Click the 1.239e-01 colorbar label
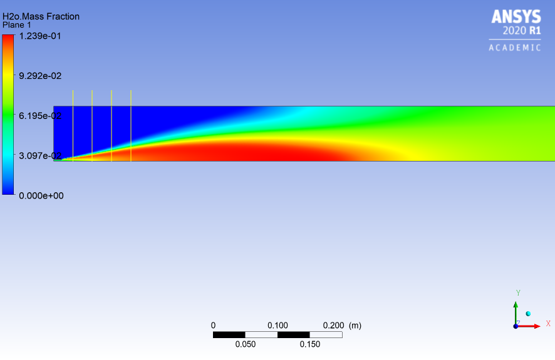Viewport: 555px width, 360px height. click(40, 36)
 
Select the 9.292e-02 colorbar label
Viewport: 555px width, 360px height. click(40, 76)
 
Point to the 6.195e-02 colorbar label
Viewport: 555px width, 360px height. click(40, 116)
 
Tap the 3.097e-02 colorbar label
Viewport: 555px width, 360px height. click(40, 156)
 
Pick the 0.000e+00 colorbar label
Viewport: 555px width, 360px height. click(41, 195)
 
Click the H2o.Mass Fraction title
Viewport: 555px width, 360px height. click(41, 17)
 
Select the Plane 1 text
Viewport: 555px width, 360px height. click(17, 25)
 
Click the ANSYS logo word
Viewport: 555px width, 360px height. click(516, 17)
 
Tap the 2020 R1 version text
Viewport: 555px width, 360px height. click(522, 31)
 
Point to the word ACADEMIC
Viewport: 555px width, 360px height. click(515, 48)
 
